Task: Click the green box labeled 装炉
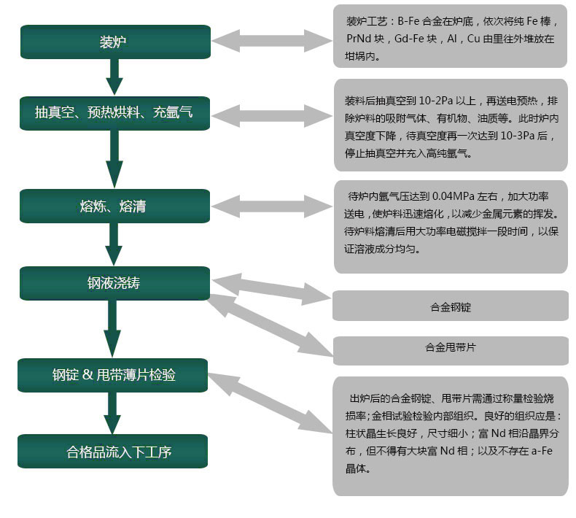[115, 42]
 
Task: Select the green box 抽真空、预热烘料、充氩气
[114, 113]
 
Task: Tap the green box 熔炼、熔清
[114, 206]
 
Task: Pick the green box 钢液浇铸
[114, 284]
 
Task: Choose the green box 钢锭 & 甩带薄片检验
[113, 375]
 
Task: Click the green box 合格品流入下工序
[113, 451]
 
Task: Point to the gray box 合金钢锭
[451, 306]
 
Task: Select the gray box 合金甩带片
[451, 351]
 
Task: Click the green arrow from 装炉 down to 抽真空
[114, 77]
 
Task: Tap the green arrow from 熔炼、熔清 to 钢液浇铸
[114, 244]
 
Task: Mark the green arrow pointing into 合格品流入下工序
[112, 413]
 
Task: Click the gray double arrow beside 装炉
[272, 41]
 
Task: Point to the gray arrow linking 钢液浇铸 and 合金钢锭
[272, 290]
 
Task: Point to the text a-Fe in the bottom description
[542, 451]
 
